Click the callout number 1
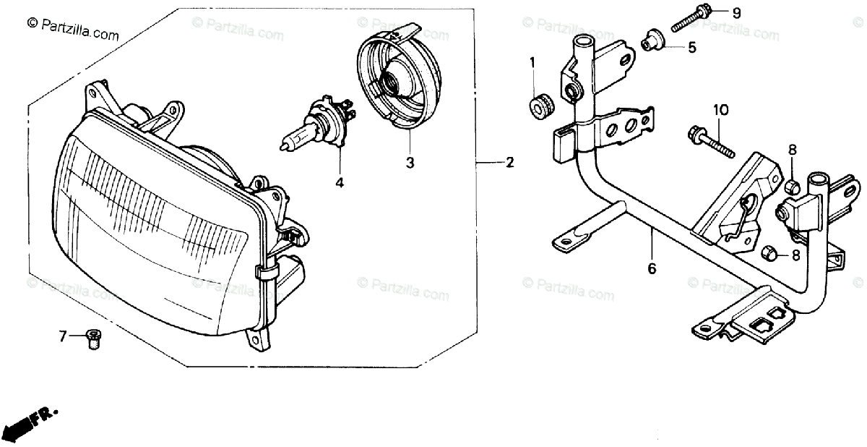click(532, 62)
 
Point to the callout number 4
click(339, 182)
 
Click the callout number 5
click(691, 48)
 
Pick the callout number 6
click(652, 268)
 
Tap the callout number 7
click(63, 336)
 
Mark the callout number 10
click(721, 110)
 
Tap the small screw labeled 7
click(92, 338)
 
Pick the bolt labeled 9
click(691, 20)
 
